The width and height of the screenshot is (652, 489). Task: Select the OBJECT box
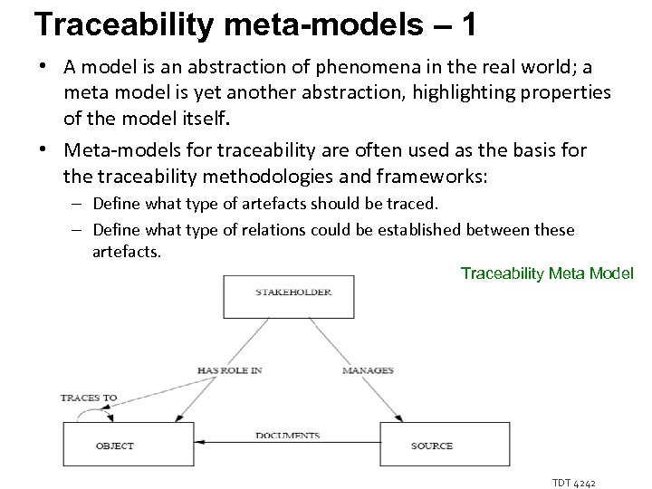tap(116, 445)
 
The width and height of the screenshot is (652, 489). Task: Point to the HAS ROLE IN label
tap(230, 370)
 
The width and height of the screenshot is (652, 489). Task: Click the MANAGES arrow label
tap(368, 370)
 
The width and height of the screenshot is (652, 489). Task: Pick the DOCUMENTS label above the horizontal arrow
tap(287, 436)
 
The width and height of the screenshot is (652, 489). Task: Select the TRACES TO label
tap(89, 398)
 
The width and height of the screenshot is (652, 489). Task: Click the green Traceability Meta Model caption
tap(547, 273)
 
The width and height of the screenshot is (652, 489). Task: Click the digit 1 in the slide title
tap(468, 24)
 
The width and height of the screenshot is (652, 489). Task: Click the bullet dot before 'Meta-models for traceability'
tap(43, 150)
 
